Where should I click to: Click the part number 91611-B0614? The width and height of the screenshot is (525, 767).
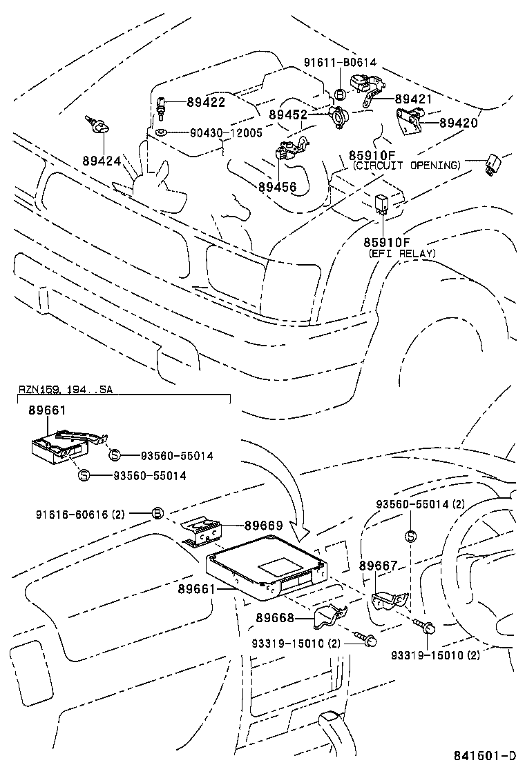(340, 62)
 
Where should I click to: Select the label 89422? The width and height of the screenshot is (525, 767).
(206, 102)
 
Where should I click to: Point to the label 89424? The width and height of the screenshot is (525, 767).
(102, 161)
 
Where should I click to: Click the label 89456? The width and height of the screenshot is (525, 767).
(278, 186)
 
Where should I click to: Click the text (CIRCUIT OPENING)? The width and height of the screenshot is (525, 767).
(405, 166)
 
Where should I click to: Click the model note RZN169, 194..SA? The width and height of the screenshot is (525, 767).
(65, 390)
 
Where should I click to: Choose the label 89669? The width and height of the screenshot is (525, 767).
(263, 526)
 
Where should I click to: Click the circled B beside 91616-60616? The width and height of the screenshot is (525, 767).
(157, 513)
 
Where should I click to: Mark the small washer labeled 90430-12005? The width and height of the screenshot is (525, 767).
(160, 132)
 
